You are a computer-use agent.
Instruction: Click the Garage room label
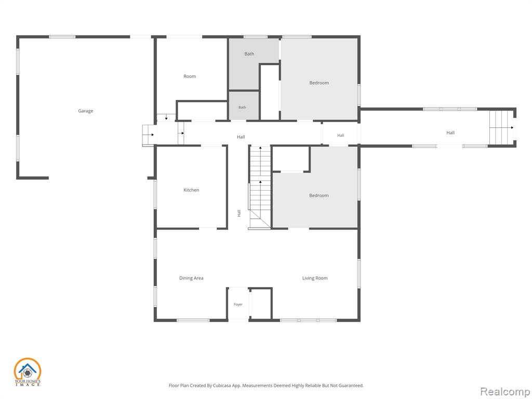[86, 111]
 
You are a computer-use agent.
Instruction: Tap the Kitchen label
[191, 190]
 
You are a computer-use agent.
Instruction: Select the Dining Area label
[191, 278]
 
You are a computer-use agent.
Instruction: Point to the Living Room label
[315, 278]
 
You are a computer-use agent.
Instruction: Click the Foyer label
[238, 304]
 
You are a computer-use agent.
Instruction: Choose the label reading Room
[190, 76]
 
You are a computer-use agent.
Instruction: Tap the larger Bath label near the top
[249, 54]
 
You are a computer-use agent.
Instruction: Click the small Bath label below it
[242, 107]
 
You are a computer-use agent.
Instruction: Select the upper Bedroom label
[319, 83]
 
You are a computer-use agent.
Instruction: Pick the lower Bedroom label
[319, 195]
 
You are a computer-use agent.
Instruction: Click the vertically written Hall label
[239, 213]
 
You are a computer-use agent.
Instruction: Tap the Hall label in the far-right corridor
[450, 132]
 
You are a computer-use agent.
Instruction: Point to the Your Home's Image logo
[28, 372]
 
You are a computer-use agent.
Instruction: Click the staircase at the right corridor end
[501, 128]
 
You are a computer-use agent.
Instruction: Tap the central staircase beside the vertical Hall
[260, 187]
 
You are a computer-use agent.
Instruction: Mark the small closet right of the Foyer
[261, 303]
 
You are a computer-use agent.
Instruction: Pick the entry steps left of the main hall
[149, 135]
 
